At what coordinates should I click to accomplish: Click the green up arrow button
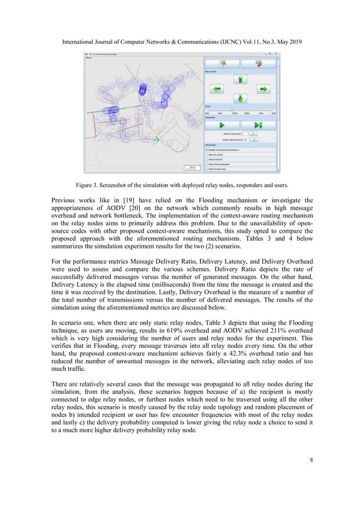coord(240,80)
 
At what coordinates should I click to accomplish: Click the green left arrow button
coord(217,89)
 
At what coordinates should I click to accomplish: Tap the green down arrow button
coord(240,98)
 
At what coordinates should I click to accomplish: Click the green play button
coord(222,125)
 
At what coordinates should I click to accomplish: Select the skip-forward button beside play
coord(258,125)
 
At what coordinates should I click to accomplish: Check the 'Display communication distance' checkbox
coord(207,150)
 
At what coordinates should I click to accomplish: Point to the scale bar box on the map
coord(192,167)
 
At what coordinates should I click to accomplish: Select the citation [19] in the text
coord(124,199)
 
